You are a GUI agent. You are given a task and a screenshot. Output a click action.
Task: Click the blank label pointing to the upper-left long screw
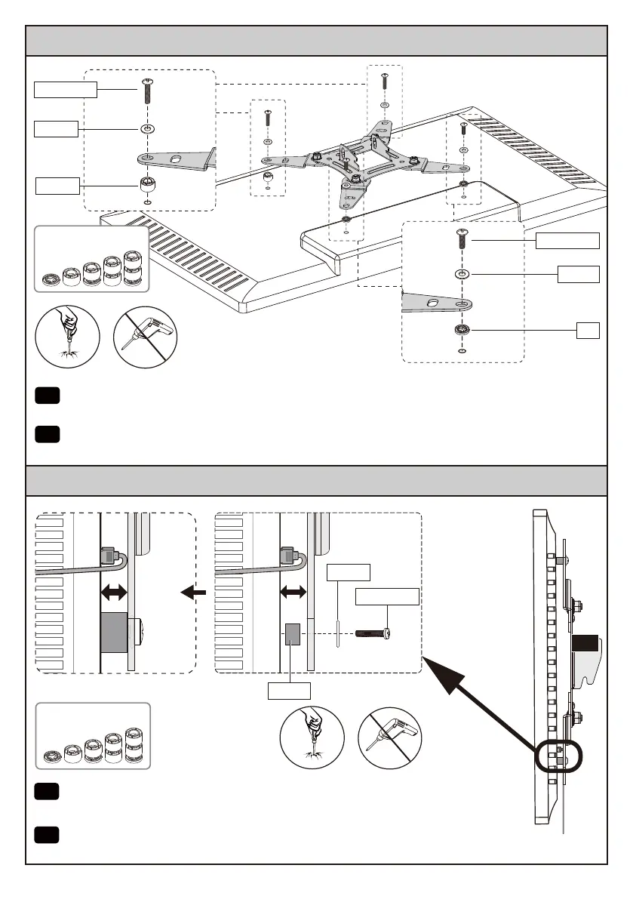(66, 90)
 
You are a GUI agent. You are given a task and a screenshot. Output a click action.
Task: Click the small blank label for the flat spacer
(588, 329)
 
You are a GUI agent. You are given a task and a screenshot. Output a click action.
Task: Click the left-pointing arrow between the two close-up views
(194, 593)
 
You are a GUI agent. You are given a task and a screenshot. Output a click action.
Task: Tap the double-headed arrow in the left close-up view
(115, 594)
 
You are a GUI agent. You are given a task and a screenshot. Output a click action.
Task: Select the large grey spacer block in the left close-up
(114, 633)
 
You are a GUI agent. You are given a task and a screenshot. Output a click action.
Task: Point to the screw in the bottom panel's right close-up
(375, 630)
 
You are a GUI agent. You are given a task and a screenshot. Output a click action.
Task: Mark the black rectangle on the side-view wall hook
(584, 643)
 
